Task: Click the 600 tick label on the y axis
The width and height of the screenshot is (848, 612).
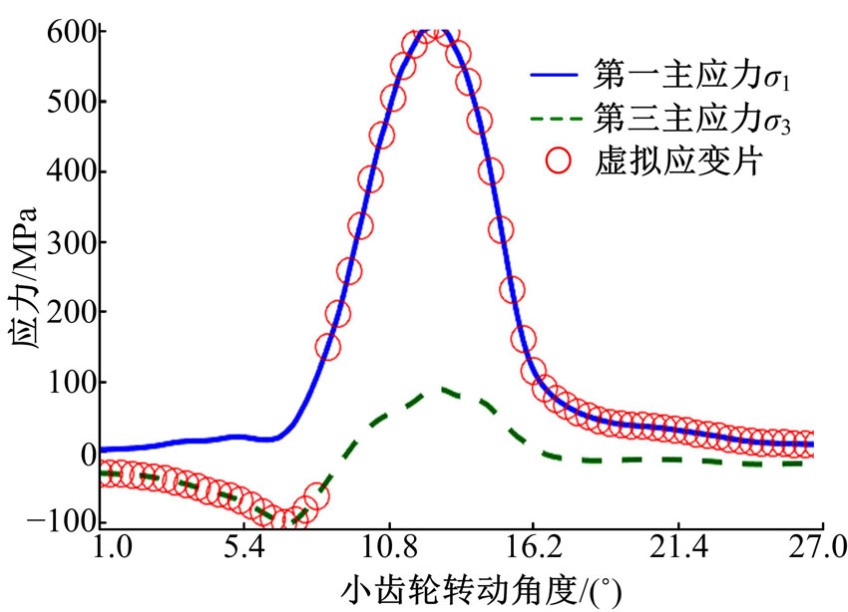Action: click(70, 31)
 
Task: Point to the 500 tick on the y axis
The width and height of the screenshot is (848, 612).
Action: click(70, 102)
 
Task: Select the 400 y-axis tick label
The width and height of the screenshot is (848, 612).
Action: click(70, 171)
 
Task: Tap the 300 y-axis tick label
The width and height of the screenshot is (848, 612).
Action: click(70, 241)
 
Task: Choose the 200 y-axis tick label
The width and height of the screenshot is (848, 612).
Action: click(70, 312)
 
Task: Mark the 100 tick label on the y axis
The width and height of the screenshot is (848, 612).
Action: click(70, 382)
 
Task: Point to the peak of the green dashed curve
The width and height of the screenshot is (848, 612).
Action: click(443, 390)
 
